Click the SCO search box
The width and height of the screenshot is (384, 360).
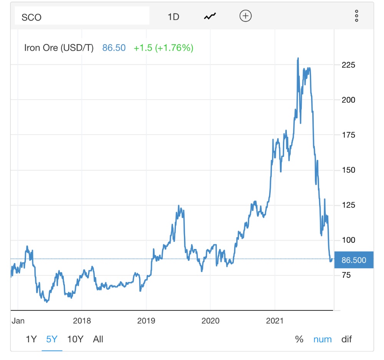[x=82, y=17]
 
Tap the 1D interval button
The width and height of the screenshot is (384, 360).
[x=174, y=17]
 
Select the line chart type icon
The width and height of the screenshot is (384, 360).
[x=210, y=17]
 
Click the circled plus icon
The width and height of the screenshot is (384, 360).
[x=245, y=16]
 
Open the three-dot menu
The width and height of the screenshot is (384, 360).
[x=356, y=16]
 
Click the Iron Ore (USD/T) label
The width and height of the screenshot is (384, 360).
[x=59, y=48]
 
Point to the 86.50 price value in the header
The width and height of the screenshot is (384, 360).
[x=114, y=48]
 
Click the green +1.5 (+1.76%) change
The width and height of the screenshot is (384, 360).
[x=163, y=48]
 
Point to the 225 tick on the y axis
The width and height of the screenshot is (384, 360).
[x=348, y=65]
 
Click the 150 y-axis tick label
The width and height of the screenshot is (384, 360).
[x=348, y=170]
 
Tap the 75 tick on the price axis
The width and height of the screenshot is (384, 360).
[x=346, y=275]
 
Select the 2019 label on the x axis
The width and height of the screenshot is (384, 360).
[x=146, y=321]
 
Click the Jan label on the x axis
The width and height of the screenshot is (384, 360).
[x=18, y=321]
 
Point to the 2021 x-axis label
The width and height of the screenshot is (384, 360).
[x=275, y=321]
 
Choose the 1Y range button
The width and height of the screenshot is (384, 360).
[x=31, y=339]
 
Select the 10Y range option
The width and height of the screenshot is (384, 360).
[x=75, y=339]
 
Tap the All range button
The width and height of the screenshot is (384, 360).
[x=98, y=339]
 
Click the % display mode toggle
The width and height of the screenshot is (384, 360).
[x=299, y=339]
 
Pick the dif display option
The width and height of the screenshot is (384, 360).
[x=346, y=339]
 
